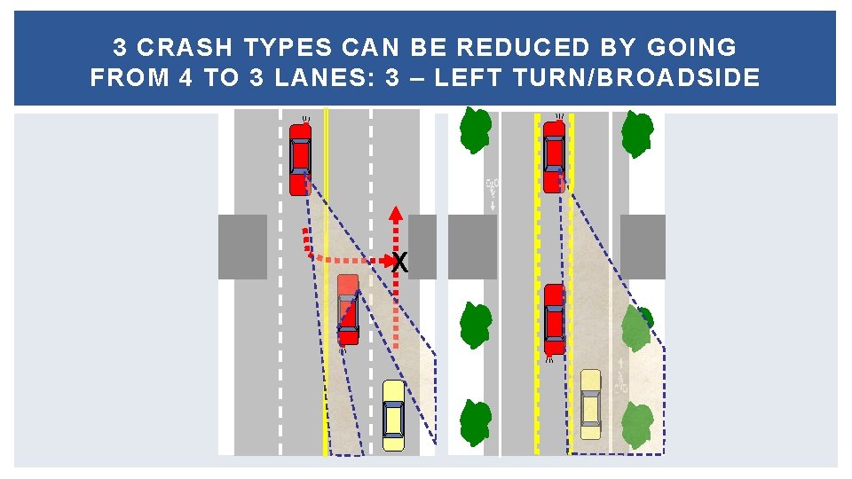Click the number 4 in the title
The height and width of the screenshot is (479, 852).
click(x=185, y=77)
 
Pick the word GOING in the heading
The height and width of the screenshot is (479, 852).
click(x=692, y=47)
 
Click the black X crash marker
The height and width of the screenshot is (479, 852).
click(x=400, y=263)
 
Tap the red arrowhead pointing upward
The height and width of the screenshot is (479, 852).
click(x=396, y=213)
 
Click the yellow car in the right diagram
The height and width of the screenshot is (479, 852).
click(x=591, y=404)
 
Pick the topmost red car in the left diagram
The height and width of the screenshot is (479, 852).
click(x=300, y=159)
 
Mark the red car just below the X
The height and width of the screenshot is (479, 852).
click(x=348, y=310)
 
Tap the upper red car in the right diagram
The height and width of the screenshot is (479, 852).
click(x=554, y=157)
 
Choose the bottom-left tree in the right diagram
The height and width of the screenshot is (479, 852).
click(x=476, y=422)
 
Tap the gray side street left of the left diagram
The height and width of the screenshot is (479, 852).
click(x=242, y=247)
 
